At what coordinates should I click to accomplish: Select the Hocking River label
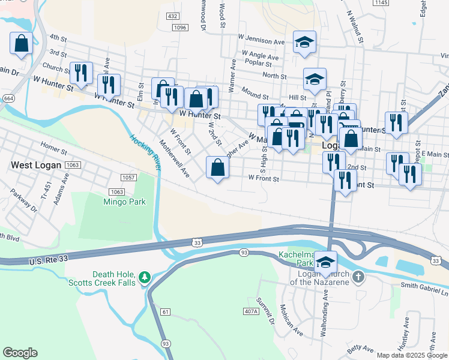(145, 152)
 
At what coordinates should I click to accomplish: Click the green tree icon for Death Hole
(143, 277)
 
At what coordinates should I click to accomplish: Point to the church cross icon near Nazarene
(358, 277)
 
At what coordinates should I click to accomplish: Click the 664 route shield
(8, 98)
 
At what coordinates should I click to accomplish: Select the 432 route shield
(173, 16)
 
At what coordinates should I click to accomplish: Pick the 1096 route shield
(179, 27)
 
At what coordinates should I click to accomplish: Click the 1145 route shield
(397, 3)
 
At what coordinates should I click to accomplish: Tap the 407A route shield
(252, 311)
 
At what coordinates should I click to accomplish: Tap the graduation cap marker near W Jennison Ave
(304, 42)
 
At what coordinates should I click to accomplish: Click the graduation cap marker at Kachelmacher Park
(326, 263)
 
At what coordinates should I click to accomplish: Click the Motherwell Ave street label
(174, 159)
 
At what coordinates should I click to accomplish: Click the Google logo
(20, 353)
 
